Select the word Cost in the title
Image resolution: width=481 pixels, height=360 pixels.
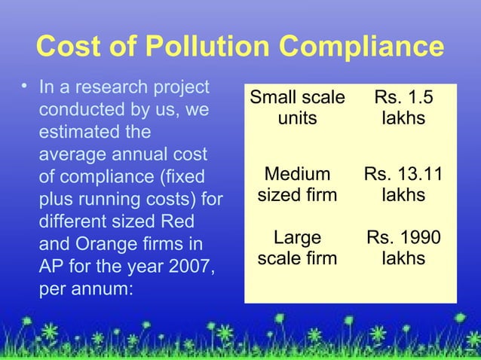coord(67,47)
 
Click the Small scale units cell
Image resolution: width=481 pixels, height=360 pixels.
coord(296,108)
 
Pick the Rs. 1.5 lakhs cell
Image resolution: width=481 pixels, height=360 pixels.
coord(403,108)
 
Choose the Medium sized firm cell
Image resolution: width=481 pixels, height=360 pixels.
coord(296,185)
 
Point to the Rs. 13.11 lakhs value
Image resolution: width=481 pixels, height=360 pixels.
coord(403,185)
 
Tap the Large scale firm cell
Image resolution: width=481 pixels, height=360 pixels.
coord(296,249)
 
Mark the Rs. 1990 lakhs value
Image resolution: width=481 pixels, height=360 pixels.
coord(403,249)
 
